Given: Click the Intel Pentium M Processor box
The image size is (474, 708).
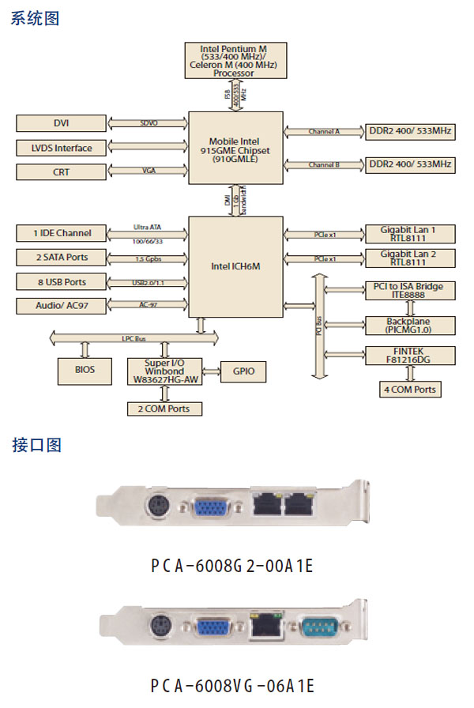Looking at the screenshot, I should (233, 60).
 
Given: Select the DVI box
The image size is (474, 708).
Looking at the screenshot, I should (61, 123).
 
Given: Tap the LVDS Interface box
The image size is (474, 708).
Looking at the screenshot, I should (61, 148).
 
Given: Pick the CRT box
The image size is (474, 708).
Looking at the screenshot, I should (61, 171).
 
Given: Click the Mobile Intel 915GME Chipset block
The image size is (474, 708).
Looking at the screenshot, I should (235, 147).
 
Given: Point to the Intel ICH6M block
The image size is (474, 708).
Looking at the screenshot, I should (235, 266).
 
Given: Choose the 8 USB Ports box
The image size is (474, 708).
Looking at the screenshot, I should (61, 281).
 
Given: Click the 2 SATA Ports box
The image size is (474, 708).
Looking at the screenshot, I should (61, 257).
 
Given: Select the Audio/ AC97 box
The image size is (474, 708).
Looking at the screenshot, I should (61, 306).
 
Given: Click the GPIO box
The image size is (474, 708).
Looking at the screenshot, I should (244, 371).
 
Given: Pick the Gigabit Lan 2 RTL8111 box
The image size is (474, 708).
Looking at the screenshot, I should (408, 258).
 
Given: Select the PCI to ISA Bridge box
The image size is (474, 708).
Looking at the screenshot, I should (408, 289).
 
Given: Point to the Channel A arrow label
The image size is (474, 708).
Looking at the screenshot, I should (324, 131).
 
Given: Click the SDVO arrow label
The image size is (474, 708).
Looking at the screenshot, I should (149, 123).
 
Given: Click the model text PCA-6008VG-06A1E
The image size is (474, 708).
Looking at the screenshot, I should (234, 685).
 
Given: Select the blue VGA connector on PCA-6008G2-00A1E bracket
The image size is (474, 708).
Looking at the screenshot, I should (209, 506).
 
